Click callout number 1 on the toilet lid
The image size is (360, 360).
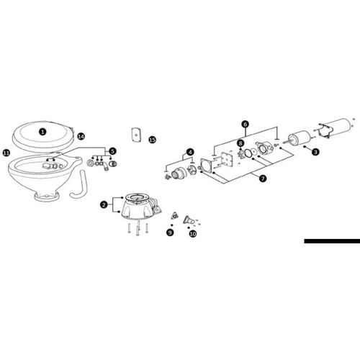(x=42, y=132)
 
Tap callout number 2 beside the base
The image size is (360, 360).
(x=104, y=204)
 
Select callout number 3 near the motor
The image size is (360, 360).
(x=315, y=152)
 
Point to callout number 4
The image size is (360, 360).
(x=190, y=152)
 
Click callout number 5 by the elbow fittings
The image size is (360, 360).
(x=112, y=151)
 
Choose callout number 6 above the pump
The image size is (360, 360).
(x=245, y=124)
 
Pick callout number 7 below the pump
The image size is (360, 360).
(x=263, y=179)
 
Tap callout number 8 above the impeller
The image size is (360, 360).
(x=240, y=143)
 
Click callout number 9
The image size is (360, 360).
(x=170, y=233)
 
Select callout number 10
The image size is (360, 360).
(x=193, y=233)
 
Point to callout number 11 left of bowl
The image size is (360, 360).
(x=6, y=153)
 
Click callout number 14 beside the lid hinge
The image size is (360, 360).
(x=81, y=137)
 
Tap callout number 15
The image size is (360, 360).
(x=153, y=140)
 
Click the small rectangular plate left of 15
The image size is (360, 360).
(x=136, y=135)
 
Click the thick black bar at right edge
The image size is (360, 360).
(x=332, y=241)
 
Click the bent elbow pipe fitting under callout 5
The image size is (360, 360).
(x=105, y=166)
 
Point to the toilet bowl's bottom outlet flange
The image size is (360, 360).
(x=47, y=197)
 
